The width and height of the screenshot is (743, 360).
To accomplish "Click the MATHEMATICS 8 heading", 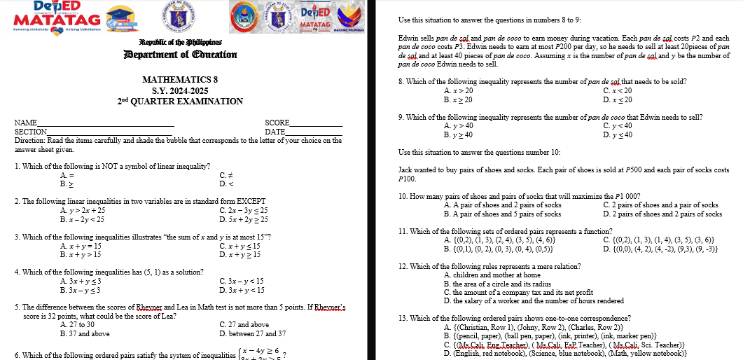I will coord(180,80).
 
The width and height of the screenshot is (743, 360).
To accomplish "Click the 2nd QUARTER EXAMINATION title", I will coord(180,102).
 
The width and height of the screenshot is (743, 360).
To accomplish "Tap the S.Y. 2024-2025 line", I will coord(180,91).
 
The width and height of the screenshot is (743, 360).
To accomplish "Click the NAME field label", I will coord(26,123).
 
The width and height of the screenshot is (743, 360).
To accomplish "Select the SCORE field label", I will coord(277,123).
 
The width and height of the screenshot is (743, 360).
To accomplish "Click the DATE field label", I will coord(275,132).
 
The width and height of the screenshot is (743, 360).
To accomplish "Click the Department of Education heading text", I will coord(181,55).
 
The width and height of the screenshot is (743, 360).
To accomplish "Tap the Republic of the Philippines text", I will coord(181,43).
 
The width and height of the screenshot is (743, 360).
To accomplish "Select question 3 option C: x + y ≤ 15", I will coord(239,247).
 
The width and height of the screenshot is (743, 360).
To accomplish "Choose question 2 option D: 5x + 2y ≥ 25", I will coord(243,219).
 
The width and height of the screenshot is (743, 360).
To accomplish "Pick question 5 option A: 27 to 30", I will coord(77,325).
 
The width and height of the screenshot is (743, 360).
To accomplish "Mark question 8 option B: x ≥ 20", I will coord(458,99).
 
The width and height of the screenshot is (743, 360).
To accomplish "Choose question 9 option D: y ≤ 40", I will coord(617,134).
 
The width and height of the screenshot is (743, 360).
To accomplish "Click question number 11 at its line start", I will coord(403,232).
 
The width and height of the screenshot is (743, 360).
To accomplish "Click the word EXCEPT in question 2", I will coord(251,202).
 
